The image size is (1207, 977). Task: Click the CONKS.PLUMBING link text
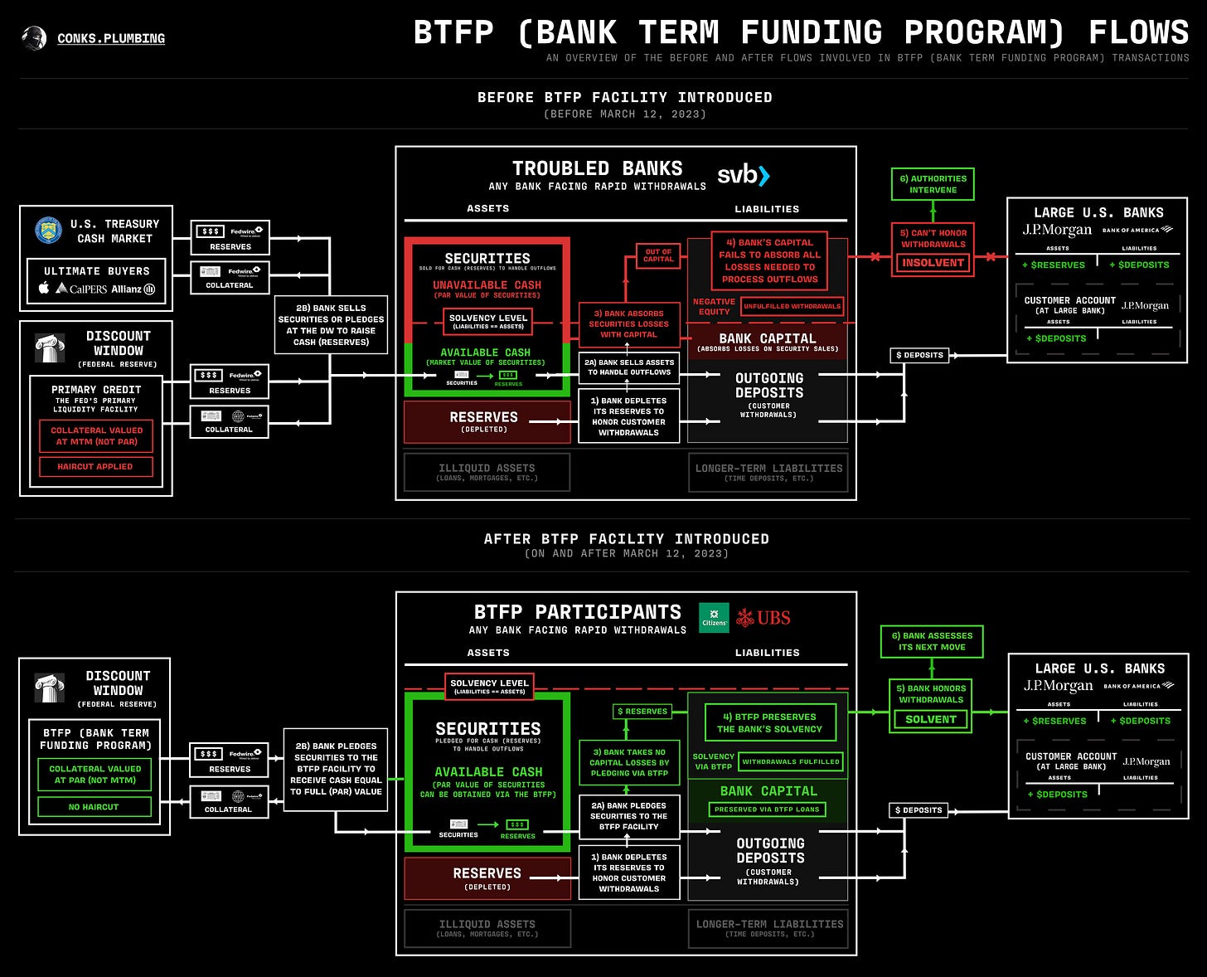tap(111, 38)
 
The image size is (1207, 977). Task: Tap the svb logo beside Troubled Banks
tap(743, 175)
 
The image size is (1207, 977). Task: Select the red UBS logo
tap(763, 618)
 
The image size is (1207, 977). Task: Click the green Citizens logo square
tap(714, 618)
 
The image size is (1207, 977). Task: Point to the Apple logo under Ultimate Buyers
tap(44, 288)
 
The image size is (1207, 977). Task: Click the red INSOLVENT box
tap(933, 263)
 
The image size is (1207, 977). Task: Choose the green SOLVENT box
tap(931, 719)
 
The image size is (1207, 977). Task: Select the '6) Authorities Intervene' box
tap(933, 184)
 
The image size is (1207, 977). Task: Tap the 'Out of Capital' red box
tap(658, 255)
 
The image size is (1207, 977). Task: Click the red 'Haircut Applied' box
tap(95, 467)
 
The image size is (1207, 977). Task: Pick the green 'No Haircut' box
tap(94, 807)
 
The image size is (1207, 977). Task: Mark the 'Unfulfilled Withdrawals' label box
tap(792, 306)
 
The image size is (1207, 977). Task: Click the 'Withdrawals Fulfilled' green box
tap(790, 761)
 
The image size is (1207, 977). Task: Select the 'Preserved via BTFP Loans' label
tap(767, 809)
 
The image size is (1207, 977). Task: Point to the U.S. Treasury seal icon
tap(49, 231)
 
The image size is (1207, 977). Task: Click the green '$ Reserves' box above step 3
tap(642, 712)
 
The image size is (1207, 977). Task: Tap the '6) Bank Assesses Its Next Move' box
tap(932, 641)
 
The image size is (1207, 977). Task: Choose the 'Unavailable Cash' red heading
tap(487, 285)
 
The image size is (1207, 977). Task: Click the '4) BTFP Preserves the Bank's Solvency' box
tap(769, 723)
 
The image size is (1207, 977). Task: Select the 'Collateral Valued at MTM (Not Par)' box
tap(96, 436)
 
